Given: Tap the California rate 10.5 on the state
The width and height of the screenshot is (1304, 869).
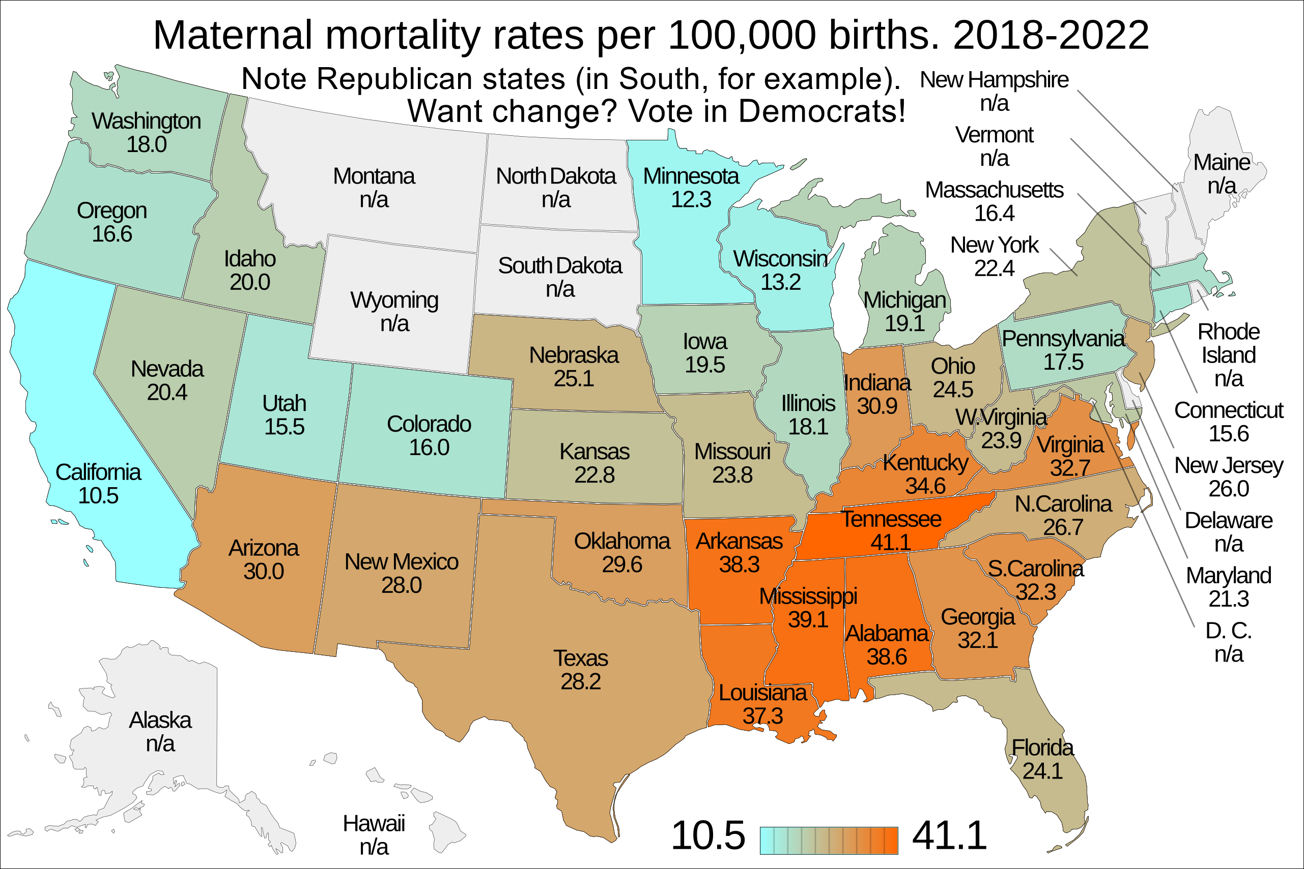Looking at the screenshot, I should [98, 496].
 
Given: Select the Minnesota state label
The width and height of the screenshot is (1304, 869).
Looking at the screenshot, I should [691, 176].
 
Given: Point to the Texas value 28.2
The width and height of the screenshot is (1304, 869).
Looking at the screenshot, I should [580, 682].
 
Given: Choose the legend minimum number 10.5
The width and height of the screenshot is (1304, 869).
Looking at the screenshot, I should [708, 835].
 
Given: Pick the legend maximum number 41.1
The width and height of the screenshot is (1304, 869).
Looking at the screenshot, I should [949, 835].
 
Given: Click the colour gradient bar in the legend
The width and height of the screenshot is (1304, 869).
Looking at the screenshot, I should [829, 840].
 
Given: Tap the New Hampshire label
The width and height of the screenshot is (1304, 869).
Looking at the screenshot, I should [994, 80].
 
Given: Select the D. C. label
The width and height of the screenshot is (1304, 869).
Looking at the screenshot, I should [1228, 631].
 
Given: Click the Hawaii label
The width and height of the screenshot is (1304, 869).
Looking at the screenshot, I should [373, 824].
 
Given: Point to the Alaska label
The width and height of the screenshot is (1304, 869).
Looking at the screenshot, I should [160, 721].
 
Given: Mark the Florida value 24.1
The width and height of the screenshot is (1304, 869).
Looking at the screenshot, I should [1042, 771].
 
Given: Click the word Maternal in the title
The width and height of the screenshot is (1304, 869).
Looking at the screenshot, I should [233, 36].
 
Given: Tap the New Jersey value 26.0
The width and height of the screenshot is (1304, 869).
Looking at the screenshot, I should [1229, 489].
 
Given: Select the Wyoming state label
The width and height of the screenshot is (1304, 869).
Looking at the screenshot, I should [394, 301].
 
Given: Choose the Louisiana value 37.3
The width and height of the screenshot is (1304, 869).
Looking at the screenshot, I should [762, 716].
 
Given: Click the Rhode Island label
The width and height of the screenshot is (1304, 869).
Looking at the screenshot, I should [1228, 344].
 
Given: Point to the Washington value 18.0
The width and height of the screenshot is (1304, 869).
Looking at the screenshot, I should [147, 144].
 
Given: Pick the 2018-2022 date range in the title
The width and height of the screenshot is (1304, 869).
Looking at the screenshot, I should [1051, 36].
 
